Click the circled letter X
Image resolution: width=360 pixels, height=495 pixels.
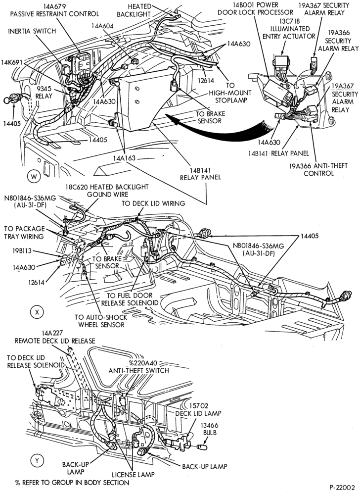[x=37, y=312]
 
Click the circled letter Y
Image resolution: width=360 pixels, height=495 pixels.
[x=37, y=461]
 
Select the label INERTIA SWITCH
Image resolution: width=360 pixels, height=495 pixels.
[x=32, y=31]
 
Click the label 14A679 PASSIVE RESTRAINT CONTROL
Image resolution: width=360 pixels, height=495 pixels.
[x=54, y=10]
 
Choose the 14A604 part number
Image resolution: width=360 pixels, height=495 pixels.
[x=102, y=26]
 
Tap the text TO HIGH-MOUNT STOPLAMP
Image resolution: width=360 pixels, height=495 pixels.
[x=230, y=93]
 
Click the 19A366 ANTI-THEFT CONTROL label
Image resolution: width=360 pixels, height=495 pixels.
[x=318, y=169]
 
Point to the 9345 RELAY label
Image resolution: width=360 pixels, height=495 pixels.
[x=44, y=92]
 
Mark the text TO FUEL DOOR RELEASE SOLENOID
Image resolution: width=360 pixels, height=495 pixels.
[x=130, y=299]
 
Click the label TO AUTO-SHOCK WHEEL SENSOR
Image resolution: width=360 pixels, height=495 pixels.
[x=101, y=321]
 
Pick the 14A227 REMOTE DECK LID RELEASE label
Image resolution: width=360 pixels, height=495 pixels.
[x=55, y=337]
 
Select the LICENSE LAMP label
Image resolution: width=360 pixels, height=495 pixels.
[x=133, y=475]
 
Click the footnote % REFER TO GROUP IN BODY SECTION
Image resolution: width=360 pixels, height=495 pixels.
[x=72, y=483]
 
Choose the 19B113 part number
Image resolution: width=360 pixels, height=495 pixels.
[x=22, y=251]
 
